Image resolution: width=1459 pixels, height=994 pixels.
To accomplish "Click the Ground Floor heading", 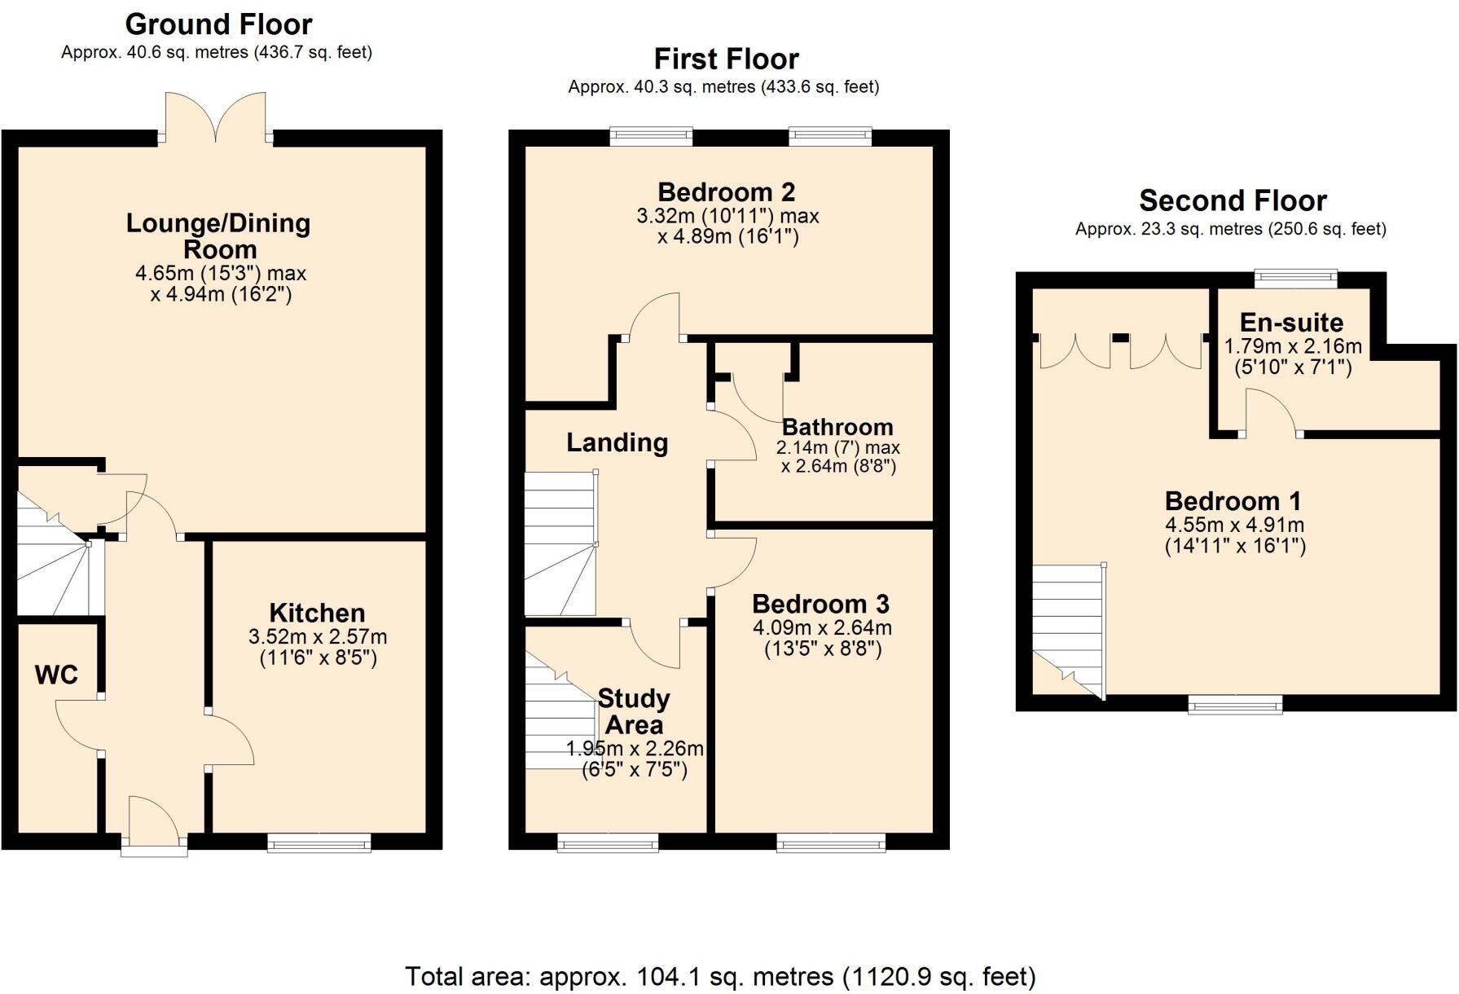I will [218, 24].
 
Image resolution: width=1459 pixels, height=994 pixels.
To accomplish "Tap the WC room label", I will [56, 675].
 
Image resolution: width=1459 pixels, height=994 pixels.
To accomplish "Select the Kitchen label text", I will [317, 613].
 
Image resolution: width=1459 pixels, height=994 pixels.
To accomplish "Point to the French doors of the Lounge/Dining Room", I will [216, 118].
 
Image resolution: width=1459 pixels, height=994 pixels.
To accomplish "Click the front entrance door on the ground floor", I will [154, 823].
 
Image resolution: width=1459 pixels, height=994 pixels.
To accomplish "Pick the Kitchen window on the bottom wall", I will [319, 843].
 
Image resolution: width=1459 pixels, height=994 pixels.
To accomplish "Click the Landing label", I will [617, 442].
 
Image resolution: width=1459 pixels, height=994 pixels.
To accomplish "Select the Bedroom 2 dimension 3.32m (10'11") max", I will [727, 216].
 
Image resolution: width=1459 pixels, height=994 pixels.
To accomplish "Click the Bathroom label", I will [837, 427].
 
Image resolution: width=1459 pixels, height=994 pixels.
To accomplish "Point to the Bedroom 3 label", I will [820, 604].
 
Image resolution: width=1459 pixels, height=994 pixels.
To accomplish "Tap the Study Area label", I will [634, 711].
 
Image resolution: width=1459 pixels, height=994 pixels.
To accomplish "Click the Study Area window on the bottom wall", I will [608, 843].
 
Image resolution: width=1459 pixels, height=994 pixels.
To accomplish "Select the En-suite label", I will [1291, 322].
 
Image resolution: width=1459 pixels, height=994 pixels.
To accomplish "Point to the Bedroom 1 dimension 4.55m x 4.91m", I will [1234, 525].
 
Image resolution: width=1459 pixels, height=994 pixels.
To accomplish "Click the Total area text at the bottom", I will [720, 975].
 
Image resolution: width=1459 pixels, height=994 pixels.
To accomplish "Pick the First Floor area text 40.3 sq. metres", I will [723, 86].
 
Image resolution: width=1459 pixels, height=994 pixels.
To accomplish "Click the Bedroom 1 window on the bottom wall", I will [1235, 704].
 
